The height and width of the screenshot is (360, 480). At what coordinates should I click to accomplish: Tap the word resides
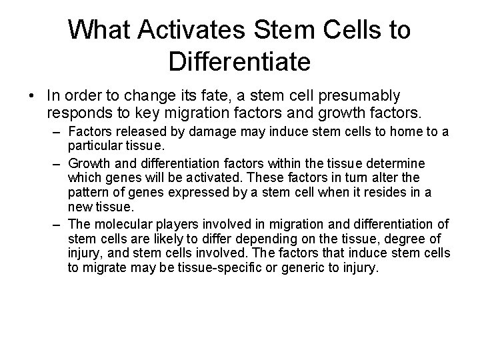click(370, 193)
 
